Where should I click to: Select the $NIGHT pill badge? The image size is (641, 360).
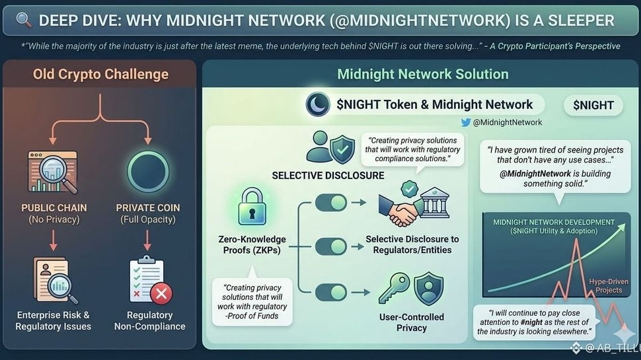coord(593,104)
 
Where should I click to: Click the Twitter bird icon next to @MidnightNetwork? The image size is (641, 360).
coord(467,122)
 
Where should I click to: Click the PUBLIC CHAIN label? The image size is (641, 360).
coord(54,207)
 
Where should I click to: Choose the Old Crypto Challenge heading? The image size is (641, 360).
coord(100,74)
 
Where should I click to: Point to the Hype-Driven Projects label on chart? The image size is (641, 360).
coord(605,285)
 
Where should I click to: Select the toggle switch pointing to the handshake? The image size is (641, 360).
coord(330,203)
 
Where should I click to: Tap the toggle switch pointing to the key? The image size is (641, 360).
coord(330,291)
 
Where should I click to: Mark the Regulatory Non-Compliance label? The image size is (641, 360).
coord(149,320)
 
